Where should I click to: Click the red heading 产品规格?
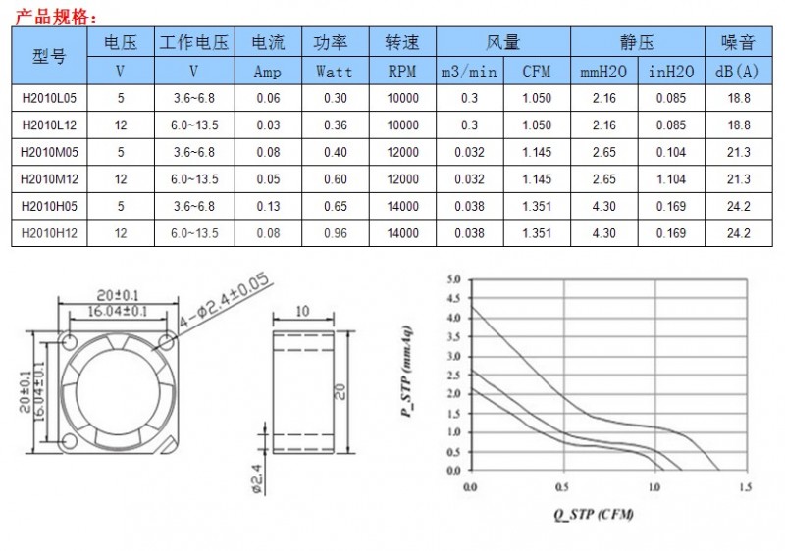click(x=54, y=17)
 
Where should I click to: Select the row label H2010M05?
click(x=49, y=152)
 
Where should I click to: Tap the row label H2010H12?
click(x=49, y=233)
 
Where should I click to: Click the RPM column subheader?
click(x=402, y=72)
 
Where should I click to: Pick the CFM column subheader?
click(x=536, y=72)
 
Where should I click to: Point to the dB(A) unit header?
click(x=737, y=72)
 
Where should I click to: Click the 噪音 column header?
click(x=738, y=42)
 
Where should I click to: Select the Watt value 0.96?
click(x=335, y=233)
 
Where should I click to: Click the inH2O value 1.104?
click(x=671, y=179)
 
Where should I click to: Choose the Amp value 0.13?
click(x=268, y=206)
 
